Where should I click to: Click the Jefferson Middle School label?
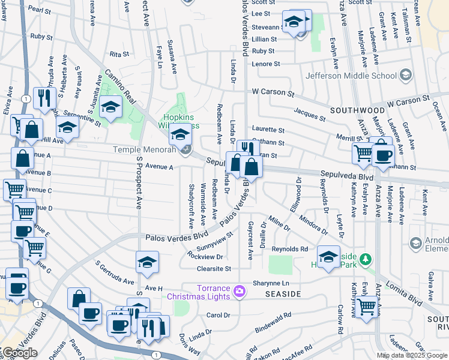point(351,76)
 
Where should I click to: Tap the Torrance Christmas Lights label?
point(207,292)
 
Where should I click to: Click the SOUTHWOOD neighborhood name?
point(357,110)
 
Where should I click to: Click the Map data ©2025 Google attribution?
point(412,356)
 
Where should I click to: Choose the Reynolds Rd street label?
point(289,248)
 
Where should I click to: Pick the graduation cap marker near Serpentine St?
point(110,107)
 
